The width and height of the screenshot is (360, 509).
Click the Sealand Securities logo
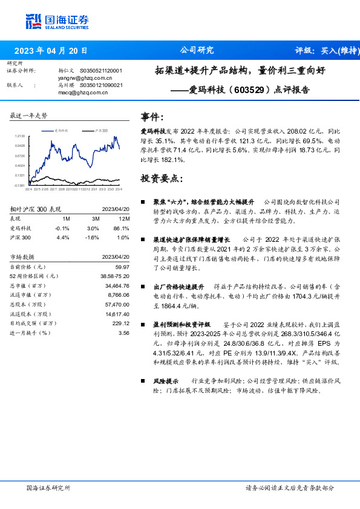click(x=57, y=22)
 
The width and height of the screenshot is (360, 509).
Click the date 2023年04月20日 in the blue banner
click(x=50, y=51)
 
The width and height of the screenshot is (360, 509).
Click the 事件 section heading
click(x=151, y=117)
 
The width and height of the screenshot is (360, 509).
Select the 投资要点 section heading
click(x=161, y=178)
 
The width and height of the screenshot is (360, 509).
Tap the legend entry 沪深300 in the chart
click(x=101, y=130)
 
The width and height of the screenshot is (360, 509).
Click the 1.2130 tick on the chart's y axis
click(x=19, y=137)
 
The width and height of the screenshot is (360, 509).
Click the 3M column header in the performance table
click(x=93, y=218)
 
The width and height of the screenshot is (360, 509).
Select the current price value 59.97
click(x=122, y=267)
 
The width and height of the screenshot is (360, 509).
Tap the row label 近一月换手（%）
click(x=30, y=332)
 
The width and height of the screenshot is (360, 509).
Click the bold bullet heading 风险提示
click(x=165, y=381)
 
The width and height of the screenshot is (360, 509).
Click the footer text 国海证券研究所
click(x=49, y=488)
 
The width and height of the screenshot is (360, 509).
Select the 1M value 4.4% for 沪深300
click(x=67, y=238)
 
